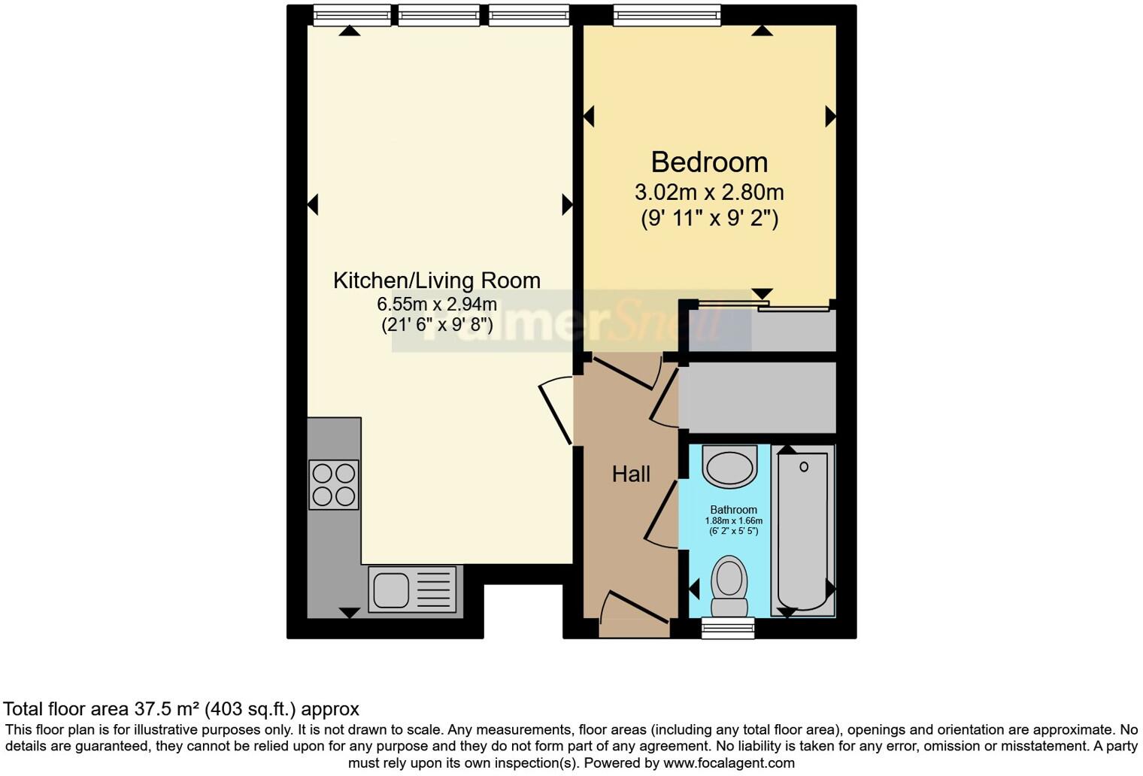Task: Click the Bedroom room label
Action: [x=708, y=162]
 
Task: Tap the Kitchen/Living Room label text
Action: [x=436, y=280]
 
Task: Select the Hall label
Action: [x=630, y=474]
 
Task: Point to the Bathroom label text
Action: [x=733, y=510]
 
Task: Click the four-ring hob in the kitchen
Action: [x=334, y=485]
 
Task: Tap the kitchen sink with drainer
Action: [x=412, y=589]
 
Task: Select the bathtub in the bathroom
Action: [x=803, y=530]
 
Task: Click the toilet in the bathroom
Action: [x=729, y=587]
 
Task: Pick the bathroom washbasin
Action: [x=729, y=466]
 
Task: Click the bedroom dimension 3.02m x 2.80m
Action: [x=708, y=192]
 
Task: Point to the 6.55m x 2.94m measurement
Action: [x=436, y=305]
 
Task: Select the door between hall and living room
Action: [x=556, y=413]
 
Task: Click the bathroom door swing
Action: [x=661, y=514]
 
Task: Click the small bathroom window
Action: [x=727, y=628]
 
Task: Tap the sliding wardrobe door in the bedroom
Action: [x=763, y=305]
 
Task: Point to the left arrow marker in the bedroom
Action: [x=589, y=117]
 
